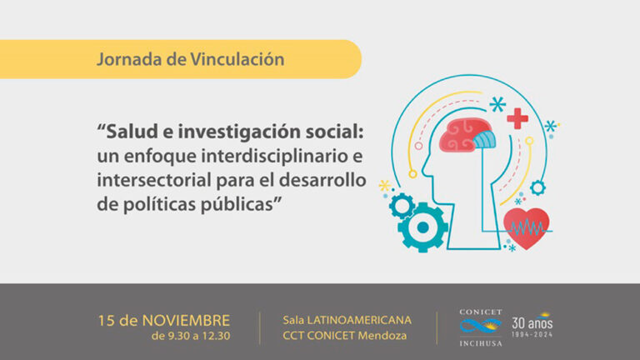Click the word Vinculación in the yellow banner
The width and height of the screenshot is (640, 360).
[237, 59]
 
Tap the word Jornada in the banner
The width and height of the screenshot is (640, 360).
[129, 60]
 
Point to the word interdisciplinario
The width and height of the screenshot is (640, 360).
[270, 156]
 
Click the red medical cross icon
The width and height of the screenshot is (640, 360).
[517, 119]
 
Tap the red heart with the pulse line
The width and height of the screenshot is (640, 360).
[526, 227]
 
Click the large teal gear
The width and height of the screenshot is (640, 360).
[422, 227]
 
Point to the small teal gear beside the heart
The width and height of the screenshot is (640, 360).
[537, 187]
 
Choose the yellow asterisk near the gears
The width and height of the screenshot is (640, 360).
[384, 186]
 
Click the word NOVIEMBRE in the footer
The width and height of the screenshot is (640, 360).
[186, 320]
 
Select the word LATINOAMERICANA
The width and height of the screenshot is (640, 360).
[359, 320]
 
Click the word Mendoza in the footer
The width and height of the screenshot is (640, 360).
[382, 336]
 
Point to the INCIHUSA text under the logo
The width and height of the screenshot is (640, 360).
[480, 343]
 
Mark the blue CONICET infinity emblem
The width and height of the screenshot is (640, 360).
[480, 326]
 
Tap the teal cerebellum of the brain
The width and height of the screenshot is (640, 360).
[484, 139]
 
